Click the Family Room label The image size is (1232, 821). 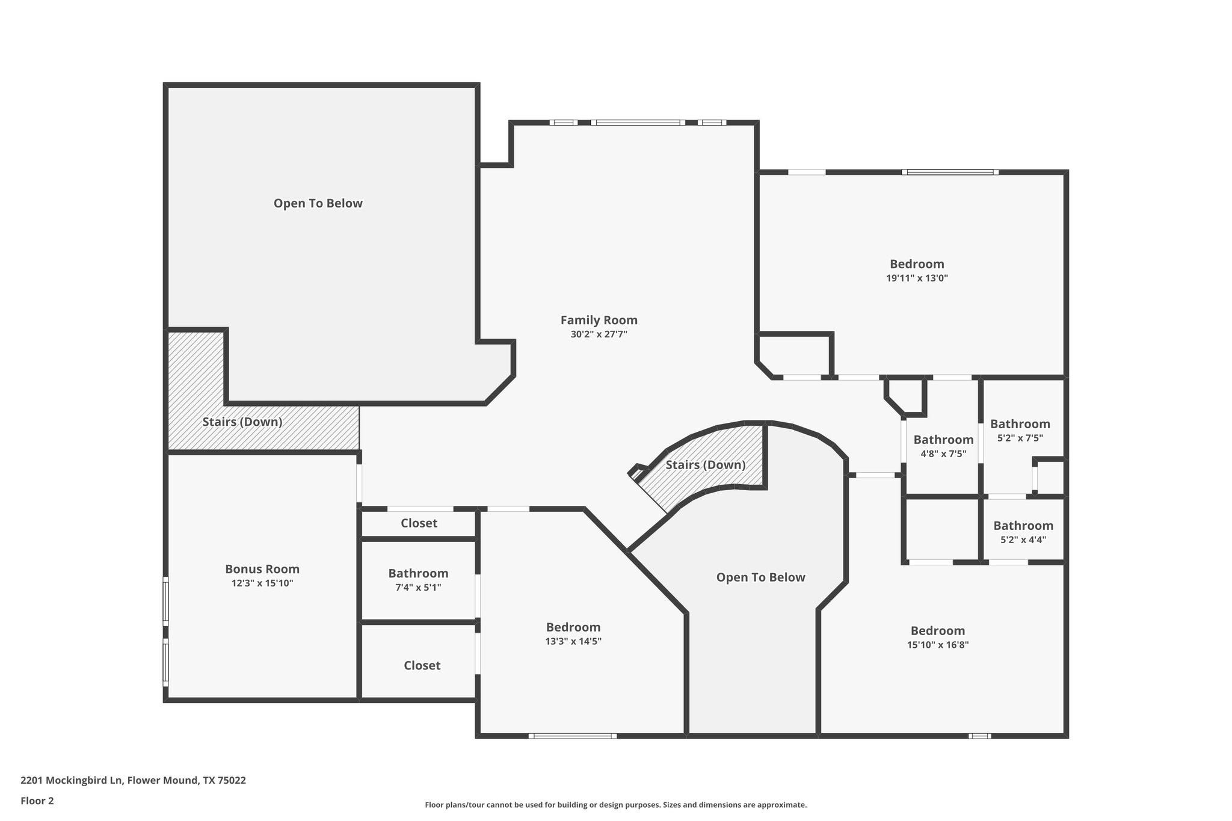click(599, 321)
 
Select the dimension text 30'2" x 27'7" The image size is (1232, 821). click(599, 334)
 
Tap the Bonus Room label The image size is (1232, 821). click(262, 569)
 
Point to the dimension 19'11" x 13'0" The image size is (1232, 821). click(917, 278)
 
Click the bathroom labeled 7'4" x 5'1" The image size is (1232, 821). click(418, 580)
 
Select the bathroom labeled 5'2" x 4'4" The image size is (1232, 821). click(1023, 532)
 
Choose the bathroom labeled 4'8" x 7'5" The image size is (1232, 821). click(943, 446)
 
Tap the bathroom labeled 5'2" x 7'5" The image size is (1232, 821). click(1020, 430)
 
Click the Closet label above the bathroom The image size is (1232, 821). click(419, 523)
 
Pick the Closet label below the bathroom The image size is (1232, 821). click(422, 665)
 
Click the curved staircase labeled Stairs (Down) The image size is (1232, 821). click(705, 465)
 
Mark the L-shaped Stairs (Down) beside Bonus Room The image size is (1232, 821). click(242, 422)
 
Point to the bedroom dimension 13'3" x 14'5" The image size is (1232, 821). click(573, 641)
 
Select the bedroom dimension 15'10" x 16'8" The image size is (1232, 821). click(938, 645)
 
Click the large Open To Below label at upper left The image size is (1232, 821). click(318, 203)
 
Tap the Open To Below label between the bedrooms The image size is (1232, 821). click(760, 577)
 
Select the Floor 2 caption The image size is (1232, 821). click(37, 801)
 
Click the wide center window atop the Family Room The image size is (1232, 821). click(638, 123)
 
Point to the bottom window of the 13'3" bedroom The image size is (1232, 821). click(572, 736)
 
